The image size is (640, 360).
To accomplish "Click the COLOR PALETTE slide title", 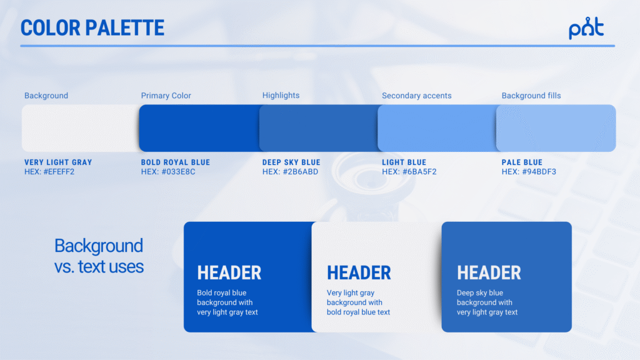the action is pos(92,27).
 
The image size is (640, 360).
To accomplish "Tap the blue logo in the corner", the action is pos(586,27).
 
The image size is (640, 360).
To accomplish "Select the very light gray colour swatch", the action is pos(81,128).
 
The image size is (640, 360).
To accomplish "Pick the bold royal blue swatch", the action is pos(199,128).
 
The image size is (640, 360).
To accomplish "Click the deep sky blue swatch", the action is pos(318,128).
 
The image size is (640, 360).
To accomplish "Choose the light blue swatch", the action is pos(437,128).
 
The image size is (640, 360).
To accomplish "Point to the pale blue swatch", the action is pos(556,128).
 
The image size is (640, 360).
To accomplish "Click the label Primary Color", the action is pos(166,96).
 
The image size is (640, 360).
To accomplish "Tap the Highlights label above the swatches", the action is pos(281,95).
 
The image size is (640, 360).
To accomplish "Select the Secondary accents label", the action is pos(417,96).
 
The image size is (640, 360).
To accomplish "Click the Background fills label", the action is pos(531,96).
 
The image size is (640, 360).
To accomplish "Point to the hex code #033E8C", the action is pos(178,172).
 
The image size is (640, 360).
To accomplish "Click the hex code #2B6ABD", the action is pos(301,172).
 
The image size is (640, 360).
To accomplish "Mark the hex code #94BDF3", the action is pos(539,172).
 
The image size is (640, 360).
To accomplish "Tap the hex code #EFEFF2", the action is pos(59,172).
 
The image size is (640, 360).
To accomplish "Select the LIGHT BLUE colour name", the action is pos(404,162).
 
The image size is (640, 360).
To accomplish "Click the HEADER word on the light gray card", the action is pos(359,272).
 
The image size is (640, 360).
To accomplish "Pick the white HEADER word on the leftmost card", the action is pos(229,272).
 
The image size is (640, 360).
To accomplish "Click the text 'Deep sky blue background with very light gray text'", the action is pos(487,302).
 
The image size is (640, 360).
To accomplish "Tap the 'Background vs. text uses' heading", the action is pos(99,256).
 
